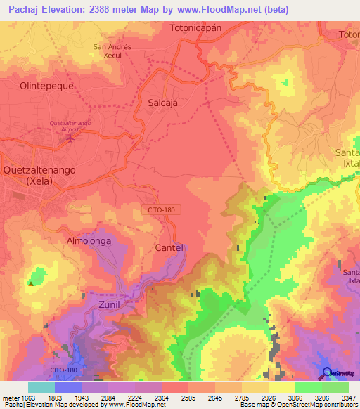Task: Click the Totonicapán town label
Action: pyautogui.click(x=195, y=28)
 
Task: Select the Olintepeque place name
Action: pyautogui.click(x=46, y=85)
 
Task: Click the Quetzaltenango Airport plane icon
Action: pyautogui.click(x=69, y=137)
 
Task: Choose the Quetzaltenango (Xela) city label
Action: pyautogui.click(x=38, y=175)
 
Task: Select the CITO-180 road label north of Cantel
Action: pyautogui.click(x=165, y=209)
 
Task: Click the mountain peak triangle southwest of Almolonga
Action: pyautogui.click(x=31, y=283)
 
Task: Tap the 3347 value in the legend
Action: pyautogui.click(x=347, y=398)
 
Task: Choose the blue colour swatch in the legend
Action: pyautogui.click(x=68, y=387)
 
